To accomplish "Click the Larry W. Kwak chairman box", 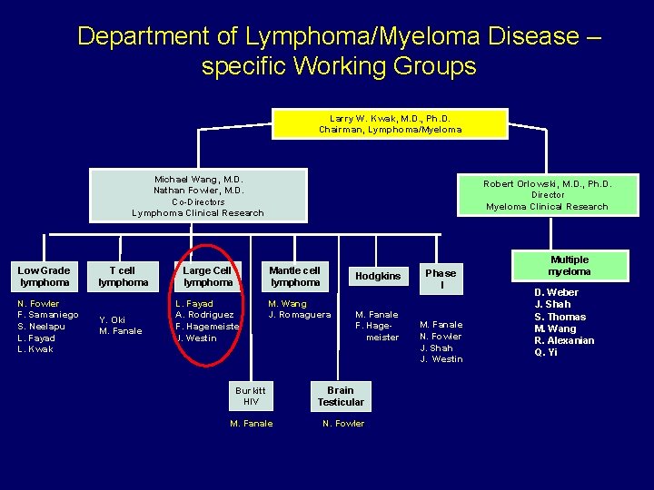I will coord(390,123).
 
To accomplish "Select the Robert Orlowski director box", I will coord(547,194).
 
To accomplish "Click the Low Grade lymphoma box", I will coord(44,276).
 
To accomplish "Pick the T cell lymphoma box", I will coord(123,276).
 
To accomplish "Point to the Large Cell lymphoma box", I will coord(208,276).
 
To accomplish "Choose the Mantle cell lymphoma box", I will coord(295,276).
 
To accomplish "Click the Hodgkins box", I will coord(378,276).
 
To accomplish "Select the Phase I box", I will coord(441,279).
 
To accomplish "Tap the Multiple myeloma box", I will coord(570,266).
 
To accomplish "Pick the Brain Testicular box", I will coord(341,396).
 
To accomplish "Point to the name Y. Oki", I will coord(112,319).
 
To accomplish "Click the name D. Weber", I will coord(556,293).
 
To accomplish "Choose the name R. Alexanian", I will coord(564,340).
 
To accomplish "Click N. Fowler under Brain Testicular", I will coord(343,424).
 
